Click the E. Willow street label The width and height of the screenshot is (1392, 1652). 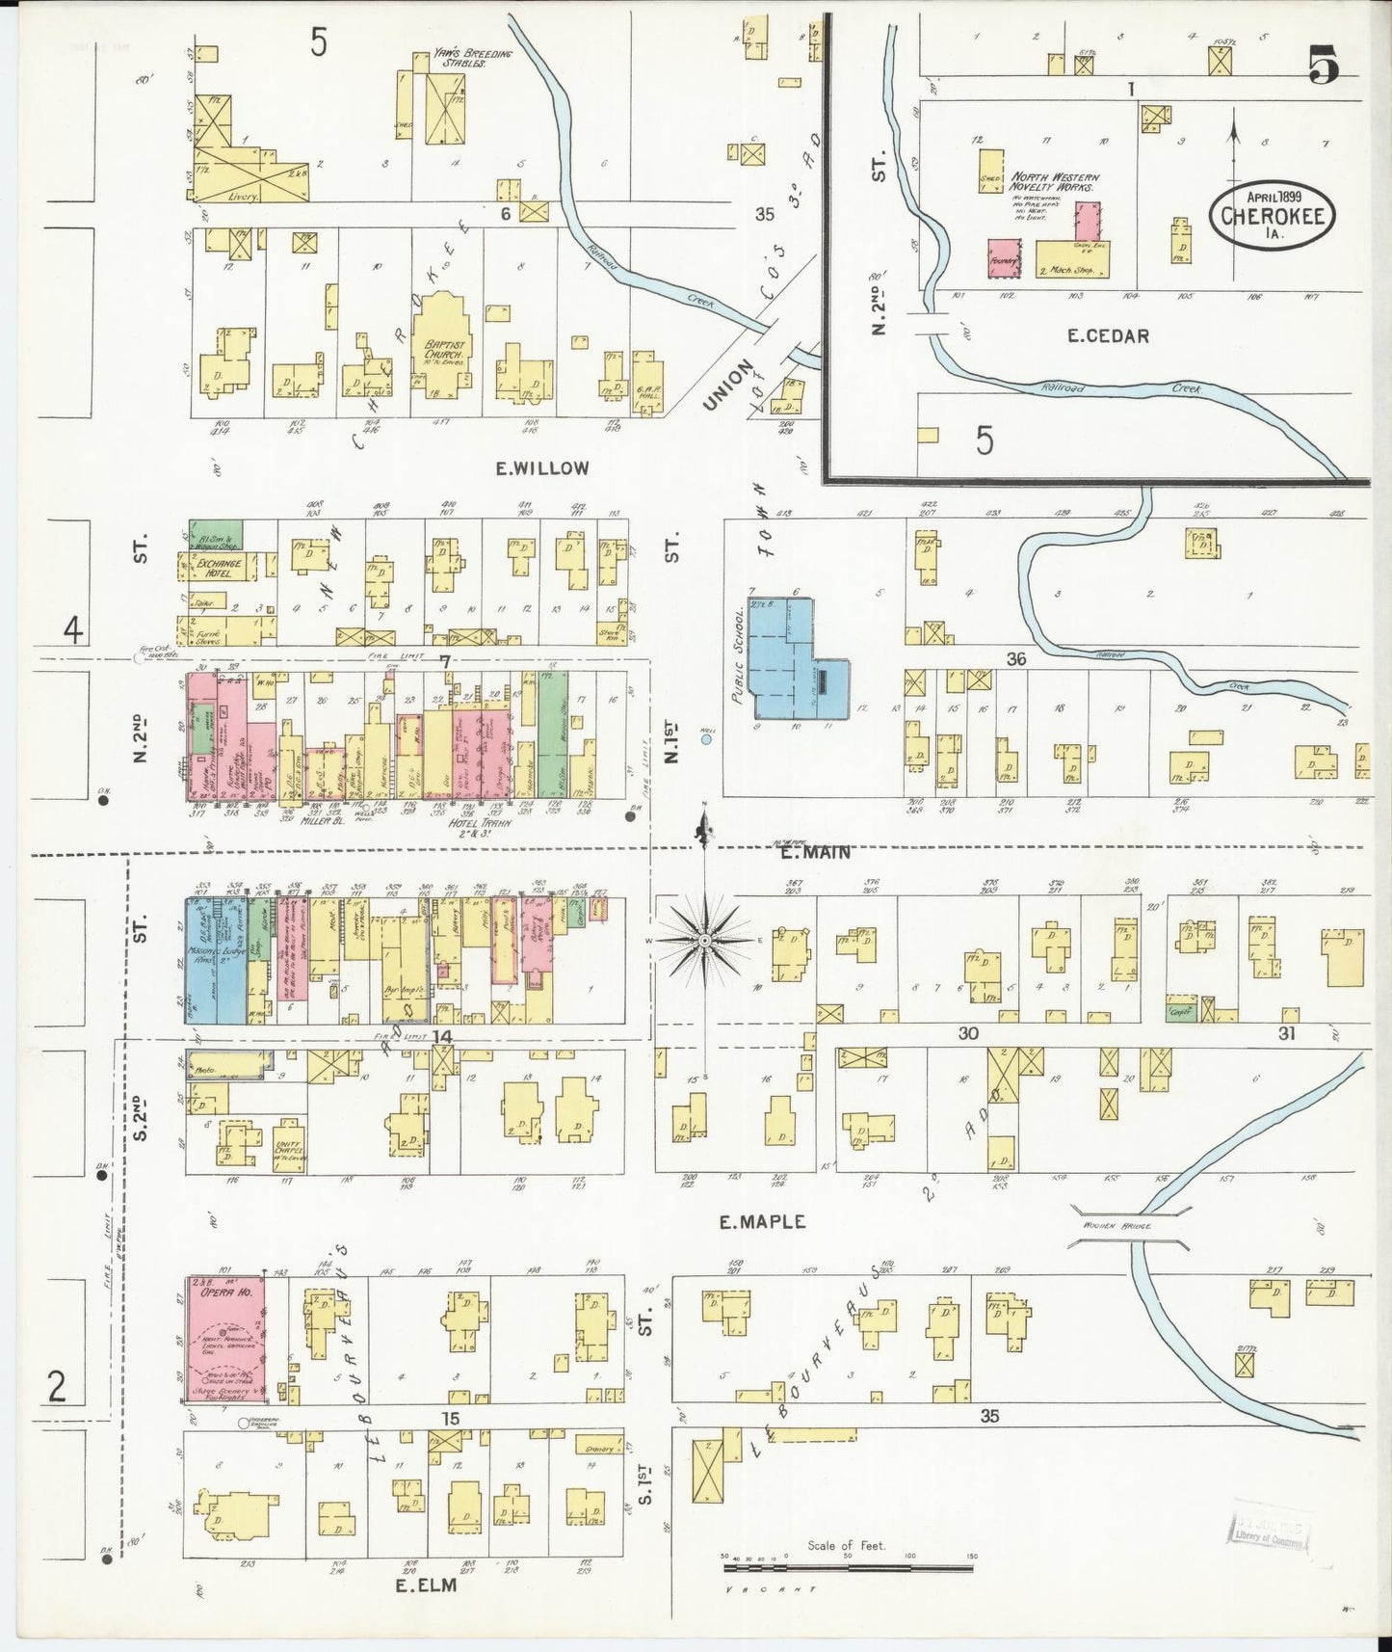pos(541,468)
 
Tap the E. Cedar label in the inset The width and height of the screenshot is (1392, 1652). pos(1108,336)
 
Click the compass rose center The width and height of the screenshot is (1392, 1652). pos(705,940)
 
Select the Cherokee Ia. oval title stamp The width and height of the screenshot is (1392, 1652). pos(1273,215)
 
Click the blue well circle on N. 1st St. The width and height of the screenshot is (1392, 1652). pos(706,740)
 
